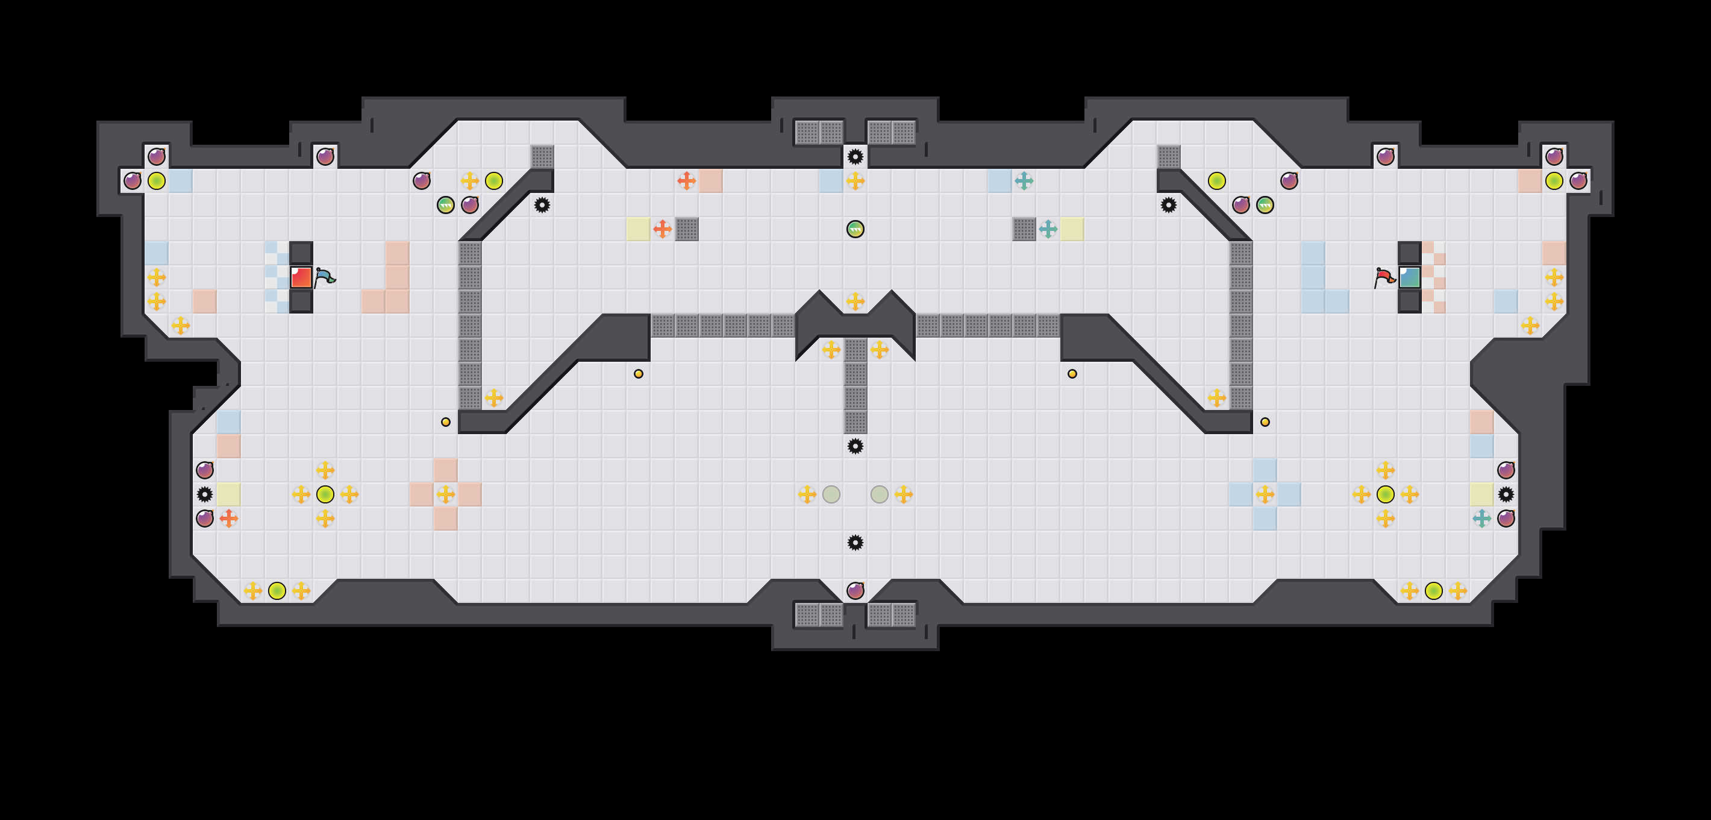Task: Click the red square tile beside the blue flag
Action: coord(301,277)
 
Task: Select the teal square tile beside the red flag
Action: coord(1409,277)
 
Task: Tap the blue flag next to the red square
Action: coord(325,277)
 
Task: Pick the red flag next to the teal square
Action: coord(1384,277)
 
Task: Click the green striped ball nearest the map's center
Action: coord(855,229)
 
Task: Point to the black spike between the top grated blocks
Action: coord(855,157)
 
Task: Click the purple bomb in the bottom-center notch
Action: coord(855,591)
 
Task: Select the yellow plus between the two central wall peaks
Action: coord(855,301)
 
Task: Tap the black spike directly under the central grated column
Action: coord(855,446)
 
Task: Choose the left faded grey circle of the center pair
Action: coord(831,494)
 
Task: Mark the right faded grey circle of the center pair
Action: coord(880,494)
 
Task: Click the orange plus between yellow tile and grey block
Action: coord(662,229)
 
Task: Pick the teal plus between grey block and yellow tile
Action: coord(1048,229)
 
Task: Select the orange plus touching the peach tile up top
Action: coord(686,181)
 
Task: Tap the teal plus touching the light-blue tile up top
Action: coord(1024,181)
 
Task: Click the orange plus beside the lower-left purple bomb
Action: coord(228,519)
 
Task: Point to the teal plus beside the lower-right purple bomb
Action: coord(1482,519)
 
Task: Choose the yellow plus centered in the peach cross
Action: coord(446,494)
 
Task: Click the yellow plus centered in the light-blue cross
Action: coord(1265,494)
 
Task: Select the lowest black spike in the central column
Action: coord(855,543)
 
